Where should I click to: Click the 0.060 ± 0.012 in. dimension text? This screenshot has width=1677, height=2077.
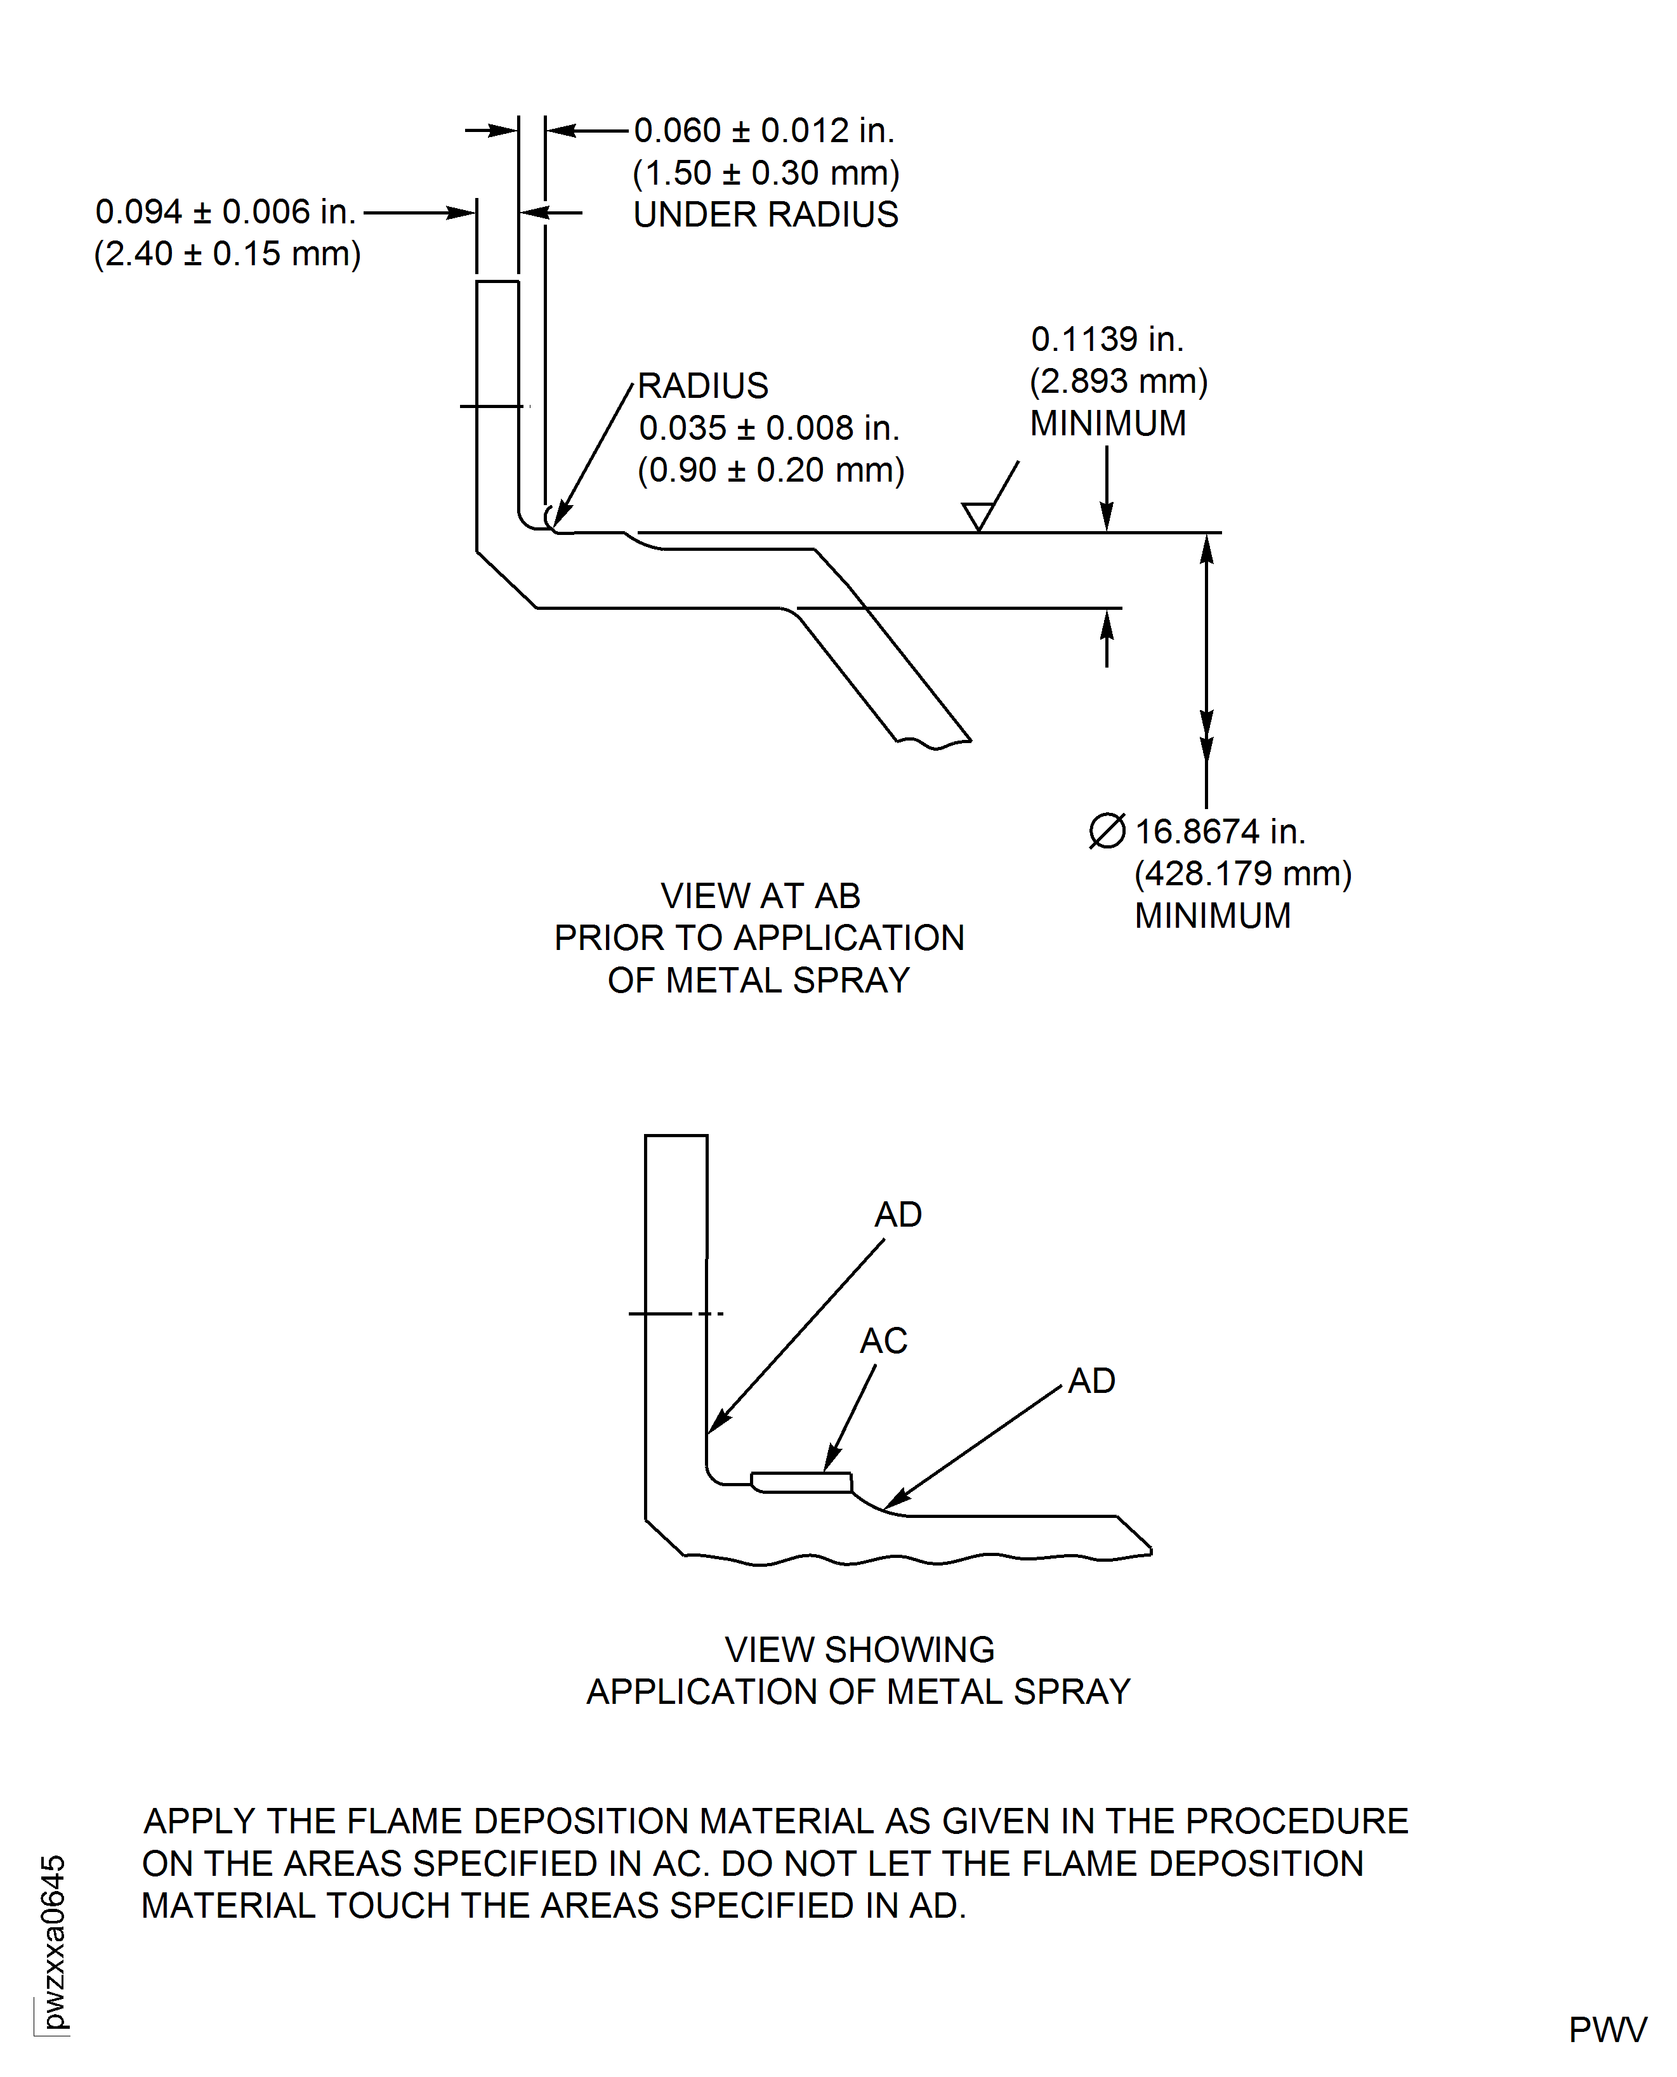[764, 131]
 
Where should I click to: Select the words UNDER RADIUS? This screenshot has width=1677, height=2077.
[765, 214]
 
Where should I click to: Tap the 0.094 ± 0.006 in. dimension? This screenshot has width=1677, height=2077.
[225, 211]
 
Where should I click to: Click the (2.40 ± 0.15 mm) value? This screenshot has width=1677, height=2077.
[227, 254]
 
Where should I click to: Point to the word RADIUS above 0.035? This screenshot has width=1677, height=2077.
[702, 385]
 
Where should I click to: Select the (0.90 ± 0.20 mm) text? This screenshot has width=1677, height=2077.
[770, 470]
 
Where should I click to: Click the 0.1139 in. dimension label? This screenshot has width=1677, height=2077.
[1107, 339]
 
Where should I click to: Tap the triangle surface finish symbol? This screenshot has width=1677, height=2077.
[978, 515]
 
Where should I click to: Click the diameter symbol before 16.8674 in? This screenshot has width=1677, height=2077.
[1107, 831]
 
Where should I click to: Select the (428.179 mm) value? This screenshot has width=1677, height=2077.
[1242, 873]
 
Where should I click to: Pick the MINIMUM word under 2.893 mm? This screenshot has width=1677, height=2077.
[1107, 423]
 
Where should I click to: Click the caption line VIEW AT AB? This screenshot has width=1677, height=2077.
[760, 895]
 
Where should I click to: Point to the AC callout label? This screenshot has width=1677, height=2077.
[883, 1341]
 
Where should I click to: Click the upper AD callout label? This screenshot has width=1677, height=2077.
[897, 1215]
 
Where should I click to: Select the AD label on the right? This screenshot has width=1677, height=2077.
[1091, 1380]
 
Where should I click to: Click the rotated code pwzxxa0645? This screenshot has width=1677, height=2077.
[53, 1942]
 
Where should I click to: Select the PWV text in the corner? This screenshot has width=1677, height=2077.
[1607, 2029]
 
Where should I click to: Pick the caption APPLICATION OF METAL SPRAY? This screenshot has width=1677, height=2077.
[858, 1692]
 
